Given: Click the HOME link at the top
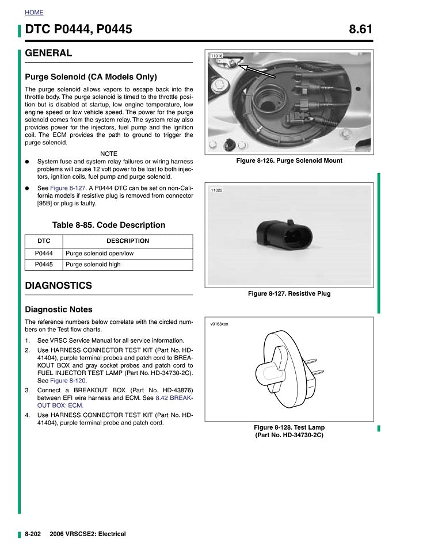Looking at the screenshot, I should pos(34,12).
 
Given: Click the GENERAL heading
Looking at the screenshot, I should pos(48,53).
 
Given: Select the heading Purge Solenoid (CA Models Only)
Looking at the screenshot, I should pos(91,76).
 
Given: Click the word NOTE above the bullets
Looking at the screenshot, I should pos(109,154).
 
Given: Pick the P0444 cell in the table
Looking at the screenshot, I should pos(44,253).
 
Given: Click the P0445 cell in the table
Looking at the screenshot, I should pos(44,265).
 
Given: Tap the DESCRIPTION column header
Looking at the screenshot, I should pos(127,241).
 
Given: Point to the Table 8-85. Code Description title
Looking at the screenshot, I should pos(109,225).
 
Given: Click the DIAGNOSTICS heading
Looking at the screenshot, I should pos(58,286).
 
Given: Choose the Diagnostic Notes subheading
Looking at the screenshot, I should pos(59,309).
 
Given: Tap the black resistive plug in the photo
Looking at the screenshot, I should pos(283,234).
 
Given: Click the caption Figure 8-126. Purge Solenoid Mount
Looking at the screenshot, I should pos(289,161).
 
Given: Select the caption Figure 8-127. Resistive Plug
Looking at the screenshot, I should pos(289,294).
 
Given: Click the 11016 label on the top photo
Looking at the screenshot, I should pos(216,56).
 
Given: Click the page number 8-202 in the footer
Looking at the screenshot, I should pos(32,534).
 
